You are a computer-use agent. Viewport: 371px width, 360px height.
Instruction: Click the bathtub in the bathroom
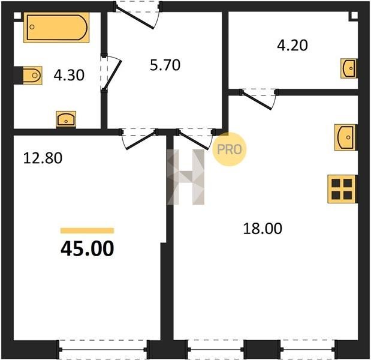pos(56,27)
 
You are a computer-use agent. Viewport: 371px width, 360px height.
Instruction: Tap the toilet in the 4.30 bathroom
pos(32,76)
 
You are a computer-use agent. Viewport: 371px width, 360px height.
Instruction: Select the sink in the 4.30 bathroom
pos(66,119)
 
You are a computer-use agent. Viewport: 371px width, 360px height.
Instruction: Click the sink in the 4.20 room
pos(349,68)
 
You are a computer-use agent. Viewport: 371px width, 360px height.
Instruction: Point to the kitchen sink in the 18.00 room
pos(345,137)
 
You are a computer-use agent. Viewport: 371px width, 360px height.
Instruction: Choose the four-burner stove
pos(342,189)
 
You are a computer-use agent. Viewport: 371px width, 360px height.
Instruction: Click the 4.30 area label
pos(69,76)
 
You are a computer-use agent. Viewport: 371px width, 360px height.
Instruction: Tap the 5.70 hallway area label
pos(165,65)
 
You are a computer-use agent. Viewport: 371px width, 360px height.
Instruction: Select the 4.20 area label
pos(292,45)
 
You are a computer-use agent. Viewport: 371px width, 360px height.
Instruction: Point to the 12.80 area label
pos(43,158)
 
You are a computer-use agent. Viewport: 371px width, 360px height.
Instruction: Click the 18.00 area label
pos(263,229)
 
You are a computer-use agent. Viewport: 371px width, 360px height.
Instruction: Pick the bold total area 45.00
pos(88,248)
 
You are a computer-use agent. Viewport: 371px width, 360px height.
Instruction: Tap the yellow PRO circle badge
pos(230,149)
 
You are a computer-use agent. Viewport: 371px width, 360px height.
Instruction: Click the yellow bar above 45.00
pos(88,230)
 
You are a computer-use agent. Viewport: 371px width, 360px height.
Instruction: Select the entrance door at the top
pos(138,14)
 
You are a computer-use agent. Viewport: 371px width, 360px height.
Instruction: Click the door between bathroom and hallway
pos(111,73)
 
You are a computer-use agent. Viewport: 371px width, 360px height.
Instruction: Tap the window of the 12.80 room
pos(103,349)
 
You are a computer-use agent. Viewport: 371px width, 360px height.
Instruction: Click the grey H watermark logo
pos(186,177)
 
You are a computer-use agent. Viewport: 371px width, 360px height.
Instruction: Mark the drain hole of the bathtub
pos(32,27)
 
